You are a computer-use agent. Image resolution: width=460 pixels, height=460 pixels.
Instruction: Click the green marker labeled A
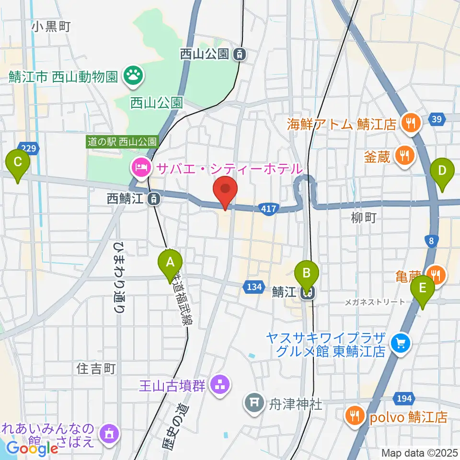click(x=170, y=263)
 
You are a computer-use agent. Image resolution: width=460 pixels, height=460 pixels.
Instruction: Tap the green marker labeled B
click(x=307, y=274)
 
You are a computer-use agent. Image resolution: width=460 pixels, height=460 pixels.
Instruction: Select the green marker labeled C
click(x=18, y=162)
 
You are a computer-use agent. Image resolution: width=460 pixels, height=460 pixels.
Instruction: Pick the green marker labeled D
click(x=442, y=170)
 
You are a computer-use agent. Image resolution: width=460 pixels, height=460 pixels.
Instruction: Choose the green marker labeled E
click(x=423, y=288)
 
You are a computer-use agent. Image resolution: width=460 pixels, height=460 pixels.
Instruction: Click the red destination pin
click(x=226, y=189)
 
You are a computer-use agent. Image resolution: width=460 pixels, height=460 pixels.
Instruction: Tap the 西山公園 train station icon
click(x=239, y=55)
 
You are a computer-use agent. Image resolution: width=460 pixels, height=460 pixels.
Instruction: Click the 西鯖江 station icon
click(x=154, y=198)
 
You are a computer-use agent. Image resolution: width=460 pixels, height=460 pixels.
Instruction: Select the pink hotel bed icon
click(x=140, y=168)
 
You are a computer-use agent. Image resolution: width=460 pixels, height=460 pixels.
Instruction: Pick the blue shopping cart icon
click(x=401, y=343)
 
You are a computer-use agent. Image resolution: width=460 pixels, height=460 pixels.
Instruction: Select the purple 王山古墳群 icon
click(x=220, y=385)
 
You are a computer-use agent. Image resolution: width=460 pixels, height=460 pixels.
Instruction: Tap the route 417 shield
click(x=269, y=208)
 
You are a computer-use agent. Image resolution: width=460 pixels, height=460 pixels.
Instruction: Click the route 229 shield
click(x=29, y=149)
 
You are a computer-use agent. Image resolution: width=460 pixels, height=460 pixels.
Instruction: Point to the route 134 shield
click(x=254, y=287)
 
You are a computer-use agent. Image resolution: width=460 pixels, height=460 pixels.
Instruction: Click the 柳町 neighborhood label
click(x=364, y=218)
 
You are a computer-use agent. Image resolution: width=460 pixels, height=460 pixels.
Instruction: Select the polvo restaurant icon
click(x=355, y=416)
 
